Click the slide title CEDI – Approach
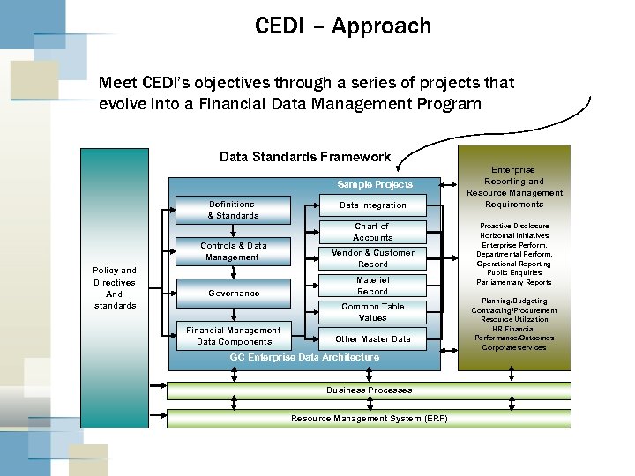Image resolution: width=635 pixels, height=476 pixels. [x=343, y=26]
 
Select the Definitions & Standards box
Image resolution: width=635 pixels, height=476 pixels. [x=233, y=210]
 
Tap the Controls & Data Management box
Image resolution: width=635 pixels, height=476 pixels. [x=233, y=251]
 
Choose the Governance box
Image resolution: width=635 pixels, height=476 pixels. [x=233, y=293]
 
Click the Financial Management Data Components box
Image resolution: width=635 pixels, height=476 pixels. [x=233, y=336]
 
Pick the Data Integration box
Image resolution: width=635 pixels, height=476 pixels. [x=373, y=205]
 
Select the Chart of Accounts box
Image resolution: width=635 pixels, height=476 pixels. [x=372, y=232]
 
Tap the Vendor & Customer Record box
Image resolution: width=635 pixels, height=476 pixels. [x=372, y=258]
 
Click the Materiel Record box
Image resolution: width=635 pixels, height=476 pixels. [x=372, y=286]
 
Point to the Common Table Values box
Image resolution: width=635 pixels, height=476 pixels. [x=372, y=312]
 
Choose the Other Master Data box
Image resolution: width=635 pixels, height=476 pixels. [x=372, y=339]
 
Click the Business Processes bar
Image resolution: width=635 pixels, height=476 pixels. [x=369, y=390]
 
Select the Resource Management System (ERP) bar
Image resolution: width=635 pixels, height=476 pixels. [x=369, y=418]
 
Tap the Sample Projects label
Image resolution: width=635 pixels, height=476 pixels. [x=375, y=185]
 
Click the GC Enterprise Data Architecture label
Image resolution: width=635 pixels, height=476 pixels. [x=304, y=357]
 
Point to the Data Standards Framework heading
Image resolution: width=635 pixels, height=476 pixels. [x=304, y=157]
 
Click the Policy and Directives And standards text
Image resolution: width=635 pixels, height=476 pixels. [x=115, y=288]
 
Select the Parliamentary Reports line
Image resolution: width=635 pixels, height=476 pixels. [x=513, y=283]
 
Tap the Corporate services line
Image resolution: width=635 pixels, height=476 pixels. [x=513, y=347]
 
